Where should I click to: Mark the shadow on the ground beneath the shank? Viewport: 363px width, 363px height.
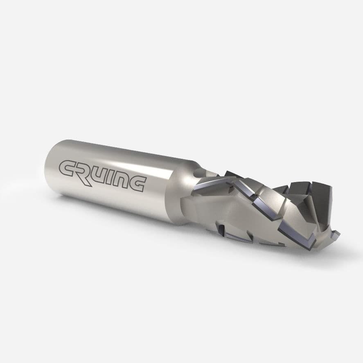[123, 229]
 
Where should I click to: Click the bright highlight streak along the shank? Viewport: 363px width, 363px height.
[123, 153]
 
